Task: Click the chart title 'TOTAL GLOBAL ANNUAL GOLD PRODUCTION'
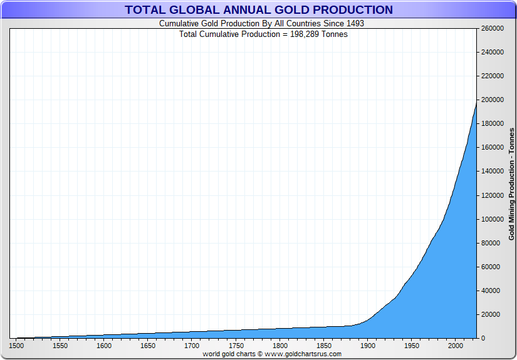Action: click(x=259, y=10)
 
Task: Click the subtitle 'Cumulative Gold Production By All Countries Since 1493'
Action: click(x=261, y=24)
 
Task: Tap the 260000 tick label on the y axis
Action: click(x=492, y=29)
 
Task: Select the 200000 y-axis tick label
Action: click(x=492, y=100)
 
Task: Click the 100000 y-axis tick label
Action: click(x=492, y=219)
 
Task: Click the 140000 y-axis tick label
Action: click(x=492, y=172)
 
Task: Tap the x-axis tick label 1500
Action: click(x=16, y=346)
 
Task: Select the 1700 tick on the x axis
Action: click(x=192, y=346)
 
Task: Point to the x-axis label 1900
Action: click(x=367, y=346)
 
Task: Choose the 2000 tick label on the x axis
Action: click(x=455, y=346)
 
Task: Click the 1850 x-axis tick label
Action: click(x=323, y=346)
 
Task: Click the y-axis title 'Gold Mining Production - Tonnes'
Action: click(x=511, y=183)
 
